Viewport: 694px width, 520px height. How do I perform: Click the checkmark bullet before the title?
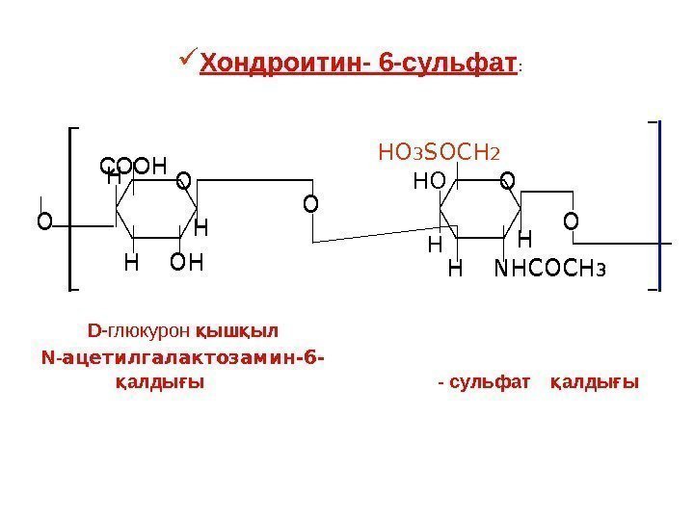coord(187,65)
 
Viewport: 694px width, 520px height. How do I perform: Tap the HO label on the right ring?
coord(430,180)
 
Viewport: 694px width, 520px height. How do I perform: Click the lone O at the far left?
coord(42,222)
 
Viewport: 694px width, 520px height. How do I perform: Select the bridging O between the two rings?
coord(309,204)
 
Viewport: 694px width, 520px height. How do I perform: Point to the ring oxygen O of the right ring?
coord(507,180)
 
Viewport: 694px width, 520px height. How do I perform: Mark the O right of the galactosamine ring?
coord(571,222)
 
